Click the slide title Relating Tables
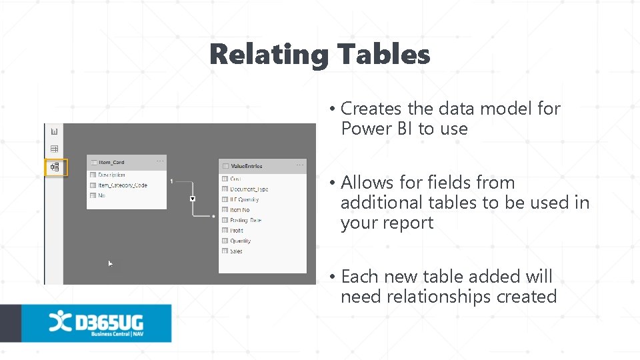[x=320, y=55]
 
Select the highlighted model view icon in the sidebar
[x=55, y=167]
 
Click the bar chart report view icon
[x=55, y=132]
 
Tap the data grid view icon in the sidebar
[x=55, y=149]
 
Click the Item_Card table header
[x=112, y=162]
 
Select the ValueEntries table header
[x=246, y=166]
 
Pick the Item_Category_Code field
[x=123, y=185]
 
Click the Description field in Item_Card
[x=111, y=175]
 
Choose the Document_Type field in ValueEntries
[x=249, y=189]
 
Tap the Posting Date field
[x=245, y=220]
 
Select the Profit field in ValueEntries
[x=237, y=231]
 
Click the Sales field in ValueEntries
[x=236, y=251]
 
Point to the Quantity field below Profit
[x=240, y=241]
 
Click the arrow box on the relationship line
[x=192, y=199]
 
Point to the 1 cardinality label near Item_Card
[x=172, y=181]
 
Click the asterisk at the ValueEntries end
[x=213, y=216]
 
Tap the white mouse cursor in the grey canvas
[x=111, y=264]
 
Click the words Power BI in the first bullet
[x=377, y=129]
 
